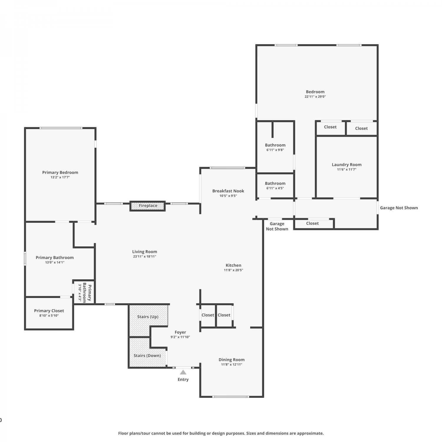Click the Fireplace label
[148, 206]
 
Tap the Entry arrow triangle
[183, 372]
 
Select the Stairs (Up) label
[148, 317]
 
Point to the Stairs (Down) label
[147, 356]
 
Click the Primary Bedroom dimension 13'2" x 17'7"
[60, 177]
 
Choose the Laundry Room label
[347, 165]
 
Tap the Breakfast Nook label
[228, 191]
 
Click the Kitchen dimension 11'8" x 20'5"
[233, 270]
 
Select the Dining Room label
[231, 360]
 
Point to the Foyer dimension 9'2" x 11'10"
[180, 337]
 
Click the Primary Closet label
[49, 311]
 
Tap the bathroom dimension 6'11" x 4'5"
[275, 188]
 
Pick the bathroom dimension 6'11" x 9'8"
[275, 150]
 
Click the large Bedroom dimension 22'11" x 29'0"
[315, 97]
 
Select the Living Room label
[144, 252]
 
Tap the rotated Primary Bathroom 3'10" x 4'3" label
[84, 293]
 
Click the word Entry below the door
[183, 380]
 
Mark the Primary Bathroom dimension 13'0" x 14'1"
[55, 263]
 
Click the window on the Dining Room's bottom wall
[231, 397]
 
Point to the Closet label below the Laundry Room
[312, 223]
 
